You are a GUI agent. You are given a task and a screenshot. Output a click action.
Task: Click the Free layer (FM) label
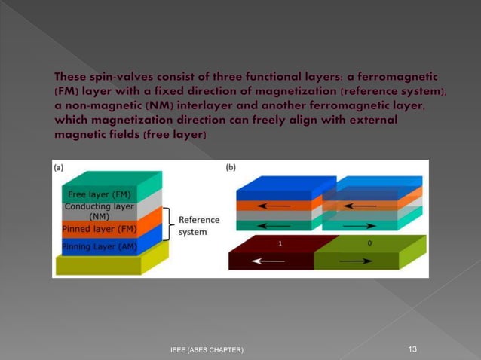click(x=100, y=194)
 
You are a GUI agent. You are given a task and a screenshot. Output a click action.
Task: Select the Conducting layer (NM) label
click(x=99, y=212)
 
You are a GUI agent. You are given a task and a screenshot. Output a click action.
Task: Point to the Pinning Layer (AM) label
click(x=99, y=246)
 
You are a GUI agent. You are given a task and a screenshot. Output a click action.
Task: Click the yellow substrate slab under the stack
click(x=106, y=265)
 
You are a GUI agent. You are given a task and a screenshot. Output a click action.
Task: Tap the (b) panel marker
click(x=231, y=167)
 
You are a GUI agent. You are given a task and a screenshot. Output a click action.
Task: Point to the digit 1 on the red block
click(x=280, y=244)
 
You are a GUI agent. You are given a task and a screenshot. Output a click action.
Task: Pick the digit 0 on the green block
click(x=369, y=244)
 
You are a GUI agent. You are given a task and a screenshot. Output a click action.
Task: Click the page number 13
click(x=412, y=349)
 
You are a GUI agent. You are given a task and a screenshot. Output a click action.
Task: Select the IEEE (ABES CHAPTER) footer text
click(x=206, y=350)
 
